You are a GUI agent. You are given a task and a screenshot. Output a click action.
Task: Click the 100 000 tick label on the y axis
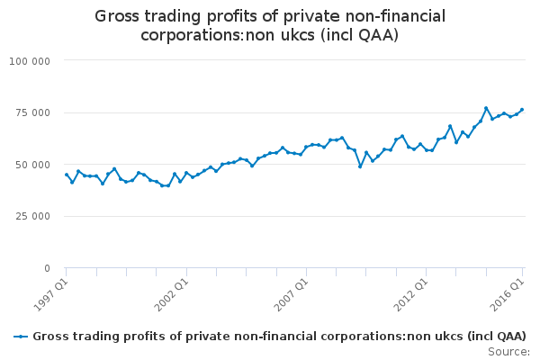(x=30, y=61)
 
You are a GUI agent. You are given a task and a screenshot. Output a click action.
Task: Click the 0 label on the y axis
(x=47, y=268)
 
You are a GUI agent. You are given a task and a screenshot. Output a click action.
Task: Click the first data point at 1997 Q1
(x=67, y=175)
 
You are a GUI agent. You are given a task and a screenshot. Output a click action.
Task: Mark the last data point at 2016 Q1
(x=522, y=110)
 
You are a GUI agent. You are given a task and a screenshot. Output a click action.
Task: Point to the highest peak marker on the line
(x=486, y=108)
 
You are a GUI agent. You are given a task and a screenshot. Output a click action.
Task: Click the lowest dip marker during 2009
(x=360, y=166)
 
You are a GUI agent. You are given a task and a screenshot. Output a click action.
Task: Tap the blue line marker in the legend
(x=21, y=337)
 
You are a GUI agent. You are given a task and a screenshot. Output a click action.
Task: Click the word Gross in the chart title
(x=117, y=16)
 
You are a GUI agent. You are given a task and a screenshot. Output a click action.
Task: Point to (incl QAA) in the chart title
(x=359, y=35)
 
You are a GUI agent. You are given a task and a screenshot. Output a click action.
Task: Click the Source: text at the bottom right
(x=508, y=352)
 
